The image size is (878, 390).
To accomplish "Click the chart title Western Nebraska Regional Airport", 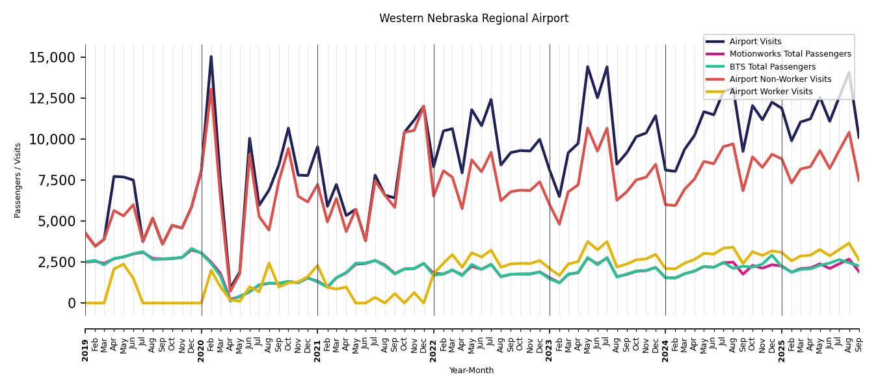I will (x=473, y=19).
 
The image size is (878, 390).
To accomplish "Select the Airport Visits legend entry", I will (x=755, y=42).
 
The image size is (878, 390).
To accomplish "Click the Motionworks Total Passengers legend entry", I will (x=790, y=54).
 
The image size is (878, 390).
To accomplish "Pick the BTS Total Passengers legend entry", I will (x=772, y=67).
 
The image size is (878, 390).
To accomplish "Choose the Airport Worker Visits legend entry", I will (x=771, y=92).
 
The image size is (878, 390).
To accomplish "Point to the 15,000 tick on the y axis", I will (x=53, y=58).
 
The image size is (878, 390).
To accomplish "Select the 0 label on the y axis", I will (x=72, y=304).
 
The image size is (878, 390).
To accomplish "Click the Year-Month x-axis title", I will (x=472, y=370).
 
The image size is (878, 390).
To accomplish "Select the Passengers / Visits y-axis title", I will (x=18, y=180).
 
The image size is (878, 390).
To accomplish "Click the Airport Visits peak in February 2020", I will (x=211, y=57).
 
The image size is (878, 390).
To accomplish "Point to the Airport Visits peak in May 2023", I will (x=587, y=66).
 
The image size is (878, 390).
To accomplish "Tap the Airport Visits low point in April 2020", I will (x=230, y=290).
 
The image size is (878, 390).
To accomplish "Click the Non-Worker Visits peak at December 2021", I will (x=423, y=106).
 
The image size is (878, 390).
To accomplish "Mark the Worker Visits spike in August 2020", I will (x=269, y=263).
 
